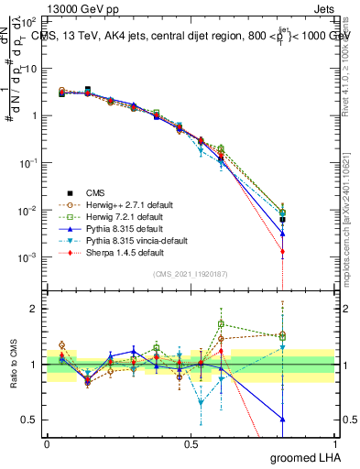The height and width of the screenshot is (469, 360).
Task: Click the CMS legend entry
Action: (x=95, y=192)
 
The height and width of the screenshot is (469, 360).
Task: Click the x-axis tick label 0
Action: (x=47, y=444)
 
